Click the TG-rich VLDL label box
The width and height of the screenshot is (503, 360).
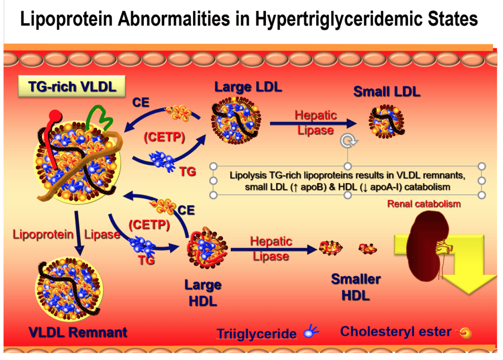click(x=72, y=87)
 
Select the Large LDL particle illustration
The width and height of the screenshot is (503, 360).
click(x=236, y=121)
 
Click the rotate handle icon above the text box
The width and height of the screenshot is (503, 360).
click(x=348, y=141)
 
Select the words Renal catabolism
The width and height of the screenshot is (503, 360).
click(x=424, y=204)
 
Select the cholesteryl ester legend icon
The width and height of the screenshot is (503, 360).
click(x=465, y=333)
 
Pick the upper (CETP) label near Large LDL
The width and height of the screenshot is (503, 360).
click(x=165, y=138)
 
